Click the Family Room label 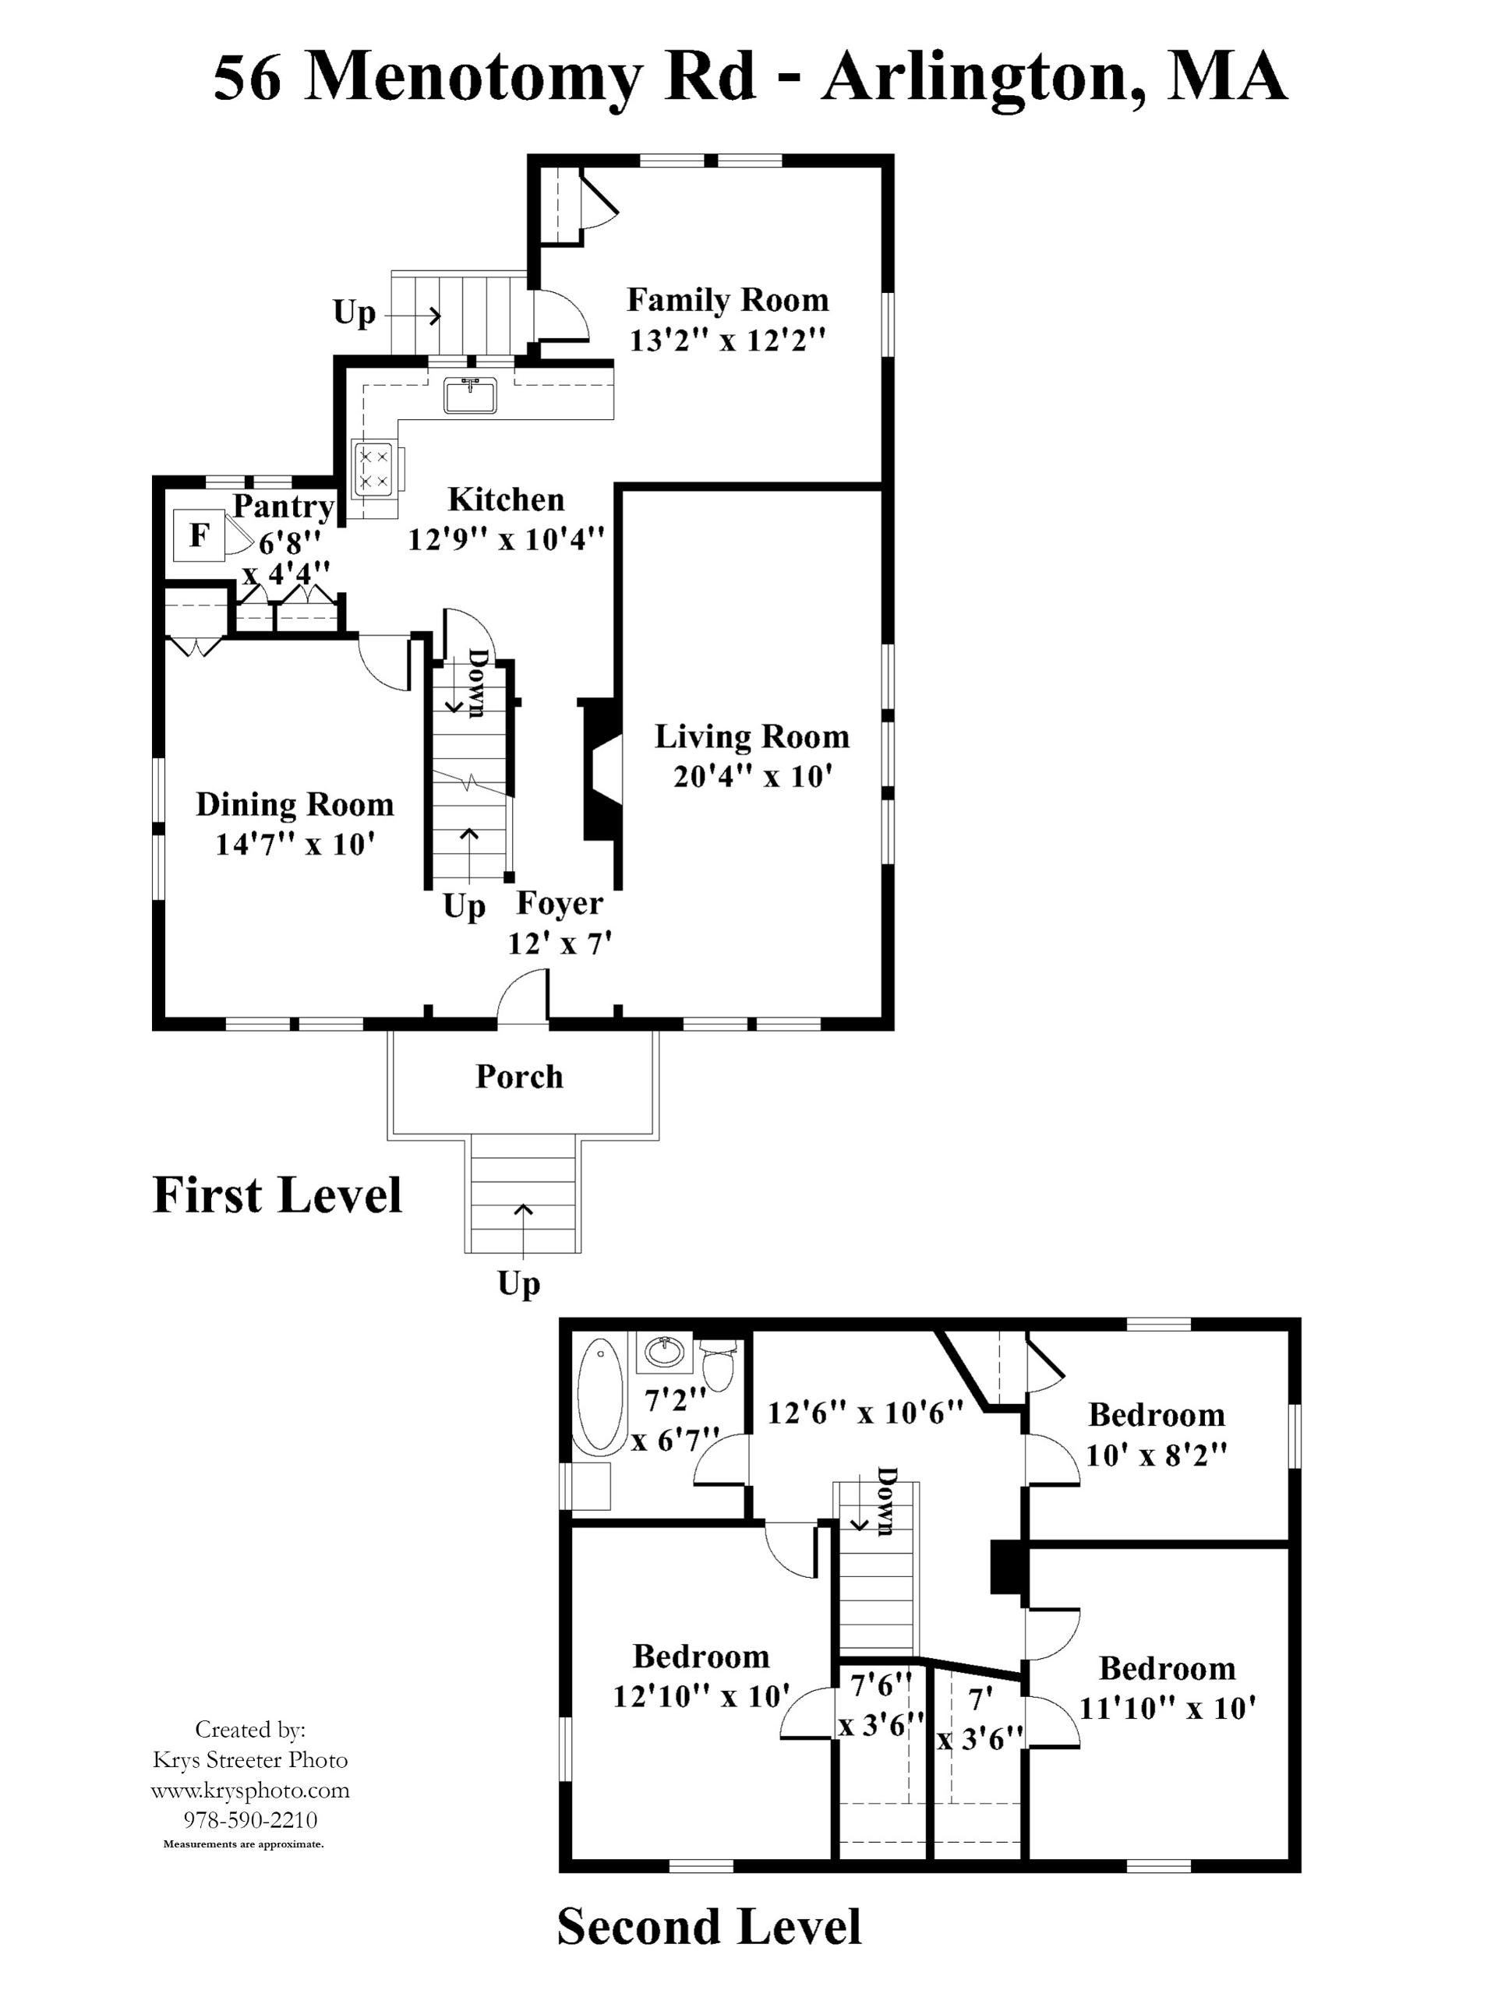(x=727, y=299)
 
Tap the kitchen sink (x=469, y=396)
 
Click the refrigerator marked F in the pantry (x=199, y=535)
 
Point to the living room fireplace (x=599, y=769)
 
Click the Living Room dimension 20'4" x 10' (x=751, y=776)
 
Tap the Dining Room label (x=295, y=803)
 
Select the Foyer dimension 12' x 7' (x=560, y=944)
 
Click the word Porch (x=519, y=1076)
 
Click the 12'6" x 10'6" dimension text (x=865, y=1411)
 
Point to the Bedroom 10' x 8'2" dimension (x=1156, y=1455)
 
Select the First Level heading (x=277, y=1194)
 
